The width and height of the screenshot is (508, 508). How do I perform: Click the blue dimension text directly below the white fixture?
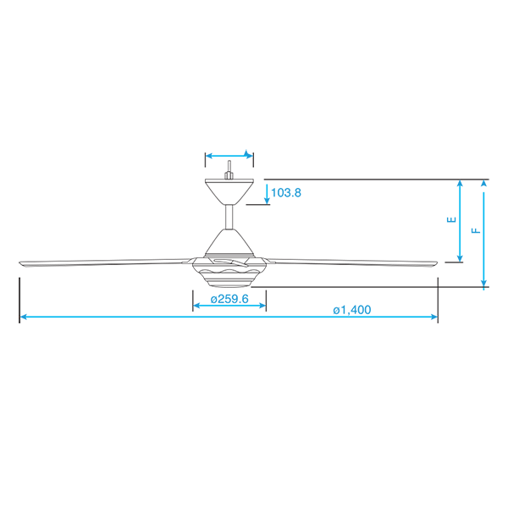(226, 297)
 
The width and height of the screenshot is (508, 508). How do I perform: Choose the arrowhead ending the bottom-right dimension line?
(434, 314)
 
